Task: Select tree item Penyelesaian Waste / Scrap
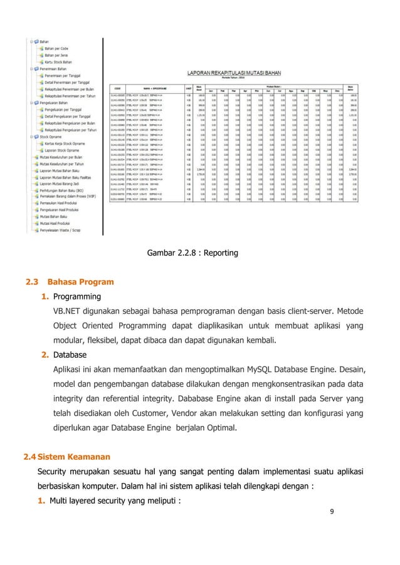[x=71, y=231]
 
